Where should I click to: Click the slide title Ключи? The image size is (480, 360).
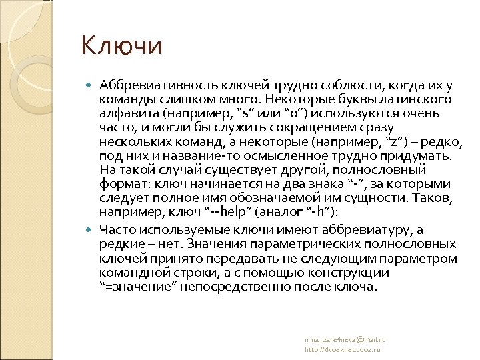121,46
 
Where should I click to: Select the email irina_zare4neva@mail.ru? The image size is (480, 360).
345,339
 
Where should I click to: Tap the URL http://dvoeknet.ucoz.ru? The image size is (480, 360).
342,349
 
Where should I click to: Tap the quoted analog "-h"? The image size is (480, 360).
317,212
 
